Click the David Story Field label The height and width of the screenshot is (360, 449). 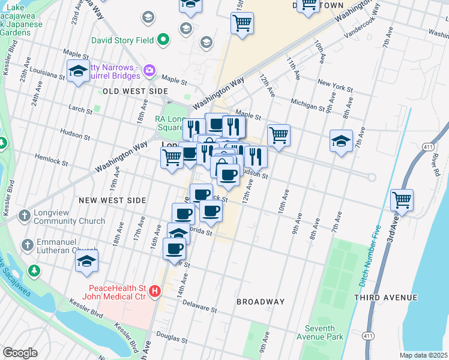pos(123,41)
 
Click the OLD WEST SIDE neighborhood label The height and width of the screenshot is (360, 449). pos(135,91)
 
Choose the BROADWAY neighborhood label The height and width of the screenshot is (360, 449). pos(260,301)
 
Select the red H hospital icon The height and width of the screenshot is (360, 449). pos(155,292)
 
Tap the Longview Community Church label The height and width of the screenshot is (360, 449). pos(70,217)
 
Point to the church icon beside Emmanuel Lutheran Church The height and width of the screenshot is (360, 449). pos(26,245)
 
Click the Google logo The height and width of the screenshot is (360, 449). pos(20,353)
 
